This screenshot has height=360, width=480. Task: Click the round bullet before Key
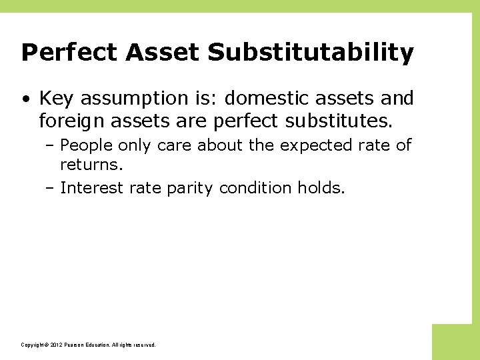pos(25,99)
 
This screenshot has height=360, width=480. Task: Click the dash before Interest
pos(51,189)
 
